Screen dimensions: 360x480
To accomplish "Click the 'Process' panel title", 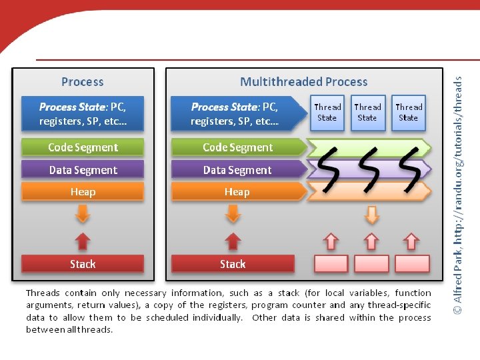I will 82,82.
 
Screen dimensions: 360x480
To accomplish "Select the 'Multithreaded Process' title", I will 303,82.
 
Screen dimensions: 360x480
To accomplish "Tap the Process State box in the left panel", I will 83,114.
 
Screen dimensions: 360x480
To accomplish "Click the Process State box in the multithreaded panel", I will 234,114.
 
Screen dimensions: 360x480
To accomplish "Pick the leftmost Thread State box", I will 327,112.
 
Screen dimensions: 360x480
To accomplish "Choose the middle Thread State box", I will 367,112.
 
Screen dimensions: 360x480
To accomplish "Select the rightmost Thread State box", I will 409,112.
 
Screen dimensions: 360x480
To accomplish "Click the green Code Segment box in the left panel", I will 83,147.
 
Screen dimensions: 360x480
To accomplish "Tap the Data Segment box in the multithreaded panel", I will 237,170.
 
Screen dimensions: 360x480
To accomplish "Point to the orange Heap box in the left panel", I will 83,192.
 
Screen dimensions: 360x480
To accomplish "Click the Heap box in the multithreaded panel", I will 237,192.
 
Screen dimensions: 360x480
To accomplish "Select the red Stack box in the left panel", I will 83,264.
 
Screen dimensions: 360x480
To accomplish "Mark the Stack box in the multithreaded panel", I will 233,264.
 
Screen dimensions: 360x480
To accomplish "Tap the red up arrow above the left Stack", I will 82,241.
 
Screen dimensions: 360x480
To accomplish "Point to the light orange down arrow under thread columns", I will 372,215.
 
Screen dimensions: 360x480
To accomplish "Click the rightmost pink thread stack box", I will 412,263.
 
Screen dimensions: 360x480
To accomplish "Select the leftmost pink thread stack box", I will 331,263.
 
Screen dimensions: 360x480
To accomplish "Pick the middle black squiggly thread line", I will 368,167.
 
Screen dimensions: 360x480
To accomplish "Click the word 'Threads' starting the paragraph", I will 43,293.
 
